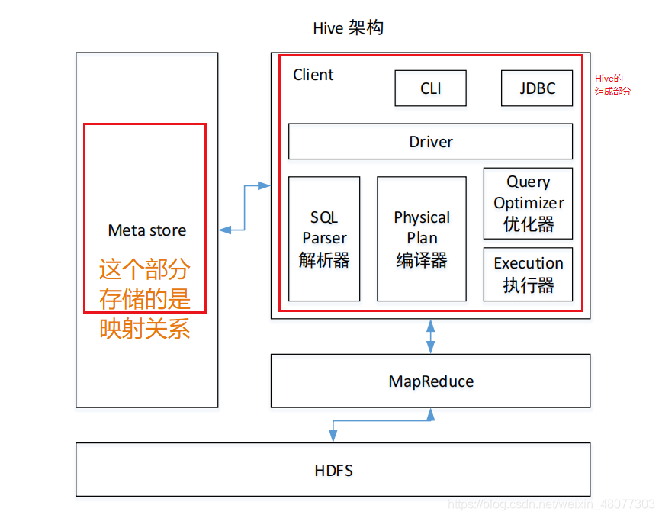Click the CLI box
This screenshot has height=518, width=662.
click(x=430, y=88)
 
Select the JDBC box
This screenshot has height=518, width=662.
click(x=537, y=88)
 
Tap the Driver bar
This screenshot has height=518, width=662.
click(x=430, y=142)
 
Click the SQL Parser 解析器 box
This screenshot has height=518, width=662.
click(x=324, y=239)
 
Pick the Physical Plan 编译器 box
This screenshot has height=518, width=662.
click(x=422, y=239)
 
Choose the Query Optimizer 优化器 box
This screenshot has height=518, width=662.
click(x=528, y=203)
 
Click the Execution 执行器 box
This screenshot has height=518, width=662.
click(x=528, y=274)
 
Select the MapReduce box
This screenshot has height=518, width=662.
click(x=430, y=381)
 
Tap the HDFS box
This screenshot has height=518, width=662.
click(x=333, y=470)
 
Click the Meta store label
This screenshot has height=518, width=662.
click(x=146, y=230)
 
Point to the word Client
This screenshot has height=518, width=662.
click(x=313, y=75)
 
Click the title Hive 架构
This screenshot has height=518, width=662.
click(x=348, y=29)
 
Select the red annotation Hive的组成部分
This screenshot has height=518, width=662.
click(x=612, y=85)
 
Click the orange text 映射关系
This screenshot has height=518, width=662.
click(x=145, y=329)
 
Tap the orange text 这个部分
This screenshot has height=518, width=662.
click(x=145, y=270)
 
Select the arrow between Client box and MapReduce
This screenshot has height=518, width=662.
click(x=431, y=336)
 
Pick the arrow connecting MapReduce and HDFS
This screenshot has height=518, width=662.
click(x=381, y=420)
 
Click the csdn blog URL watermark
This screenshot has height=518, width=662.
click(x=551, y=504)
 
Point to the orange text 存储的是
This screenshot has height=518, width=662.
click(x=145, y=299)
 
